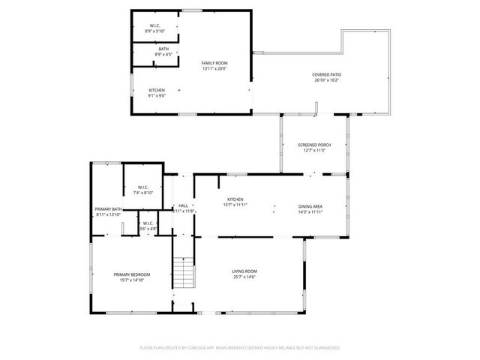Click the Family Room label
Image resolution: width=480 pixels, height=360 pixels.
[214, 63]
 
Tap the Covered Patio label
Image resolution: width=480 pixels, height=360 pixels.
[328, 74]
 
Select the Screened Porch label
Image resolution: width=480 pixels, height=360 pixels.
[313, 145]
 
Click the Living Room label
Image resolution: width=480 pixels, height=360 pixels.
[244, 271]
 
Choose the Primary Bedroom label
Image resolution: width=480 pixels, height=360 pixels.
[133, 274]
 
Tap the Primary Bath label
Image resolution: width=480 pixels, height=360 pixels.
[108, 209]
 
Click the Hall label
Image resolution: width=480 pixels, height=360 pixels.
[184, 205]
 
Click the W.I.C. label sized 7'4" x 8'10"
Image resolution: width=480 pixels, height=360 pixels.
[142, 187]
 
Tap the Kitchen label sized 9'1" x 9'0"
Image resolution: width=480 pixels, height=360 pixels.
[157, 90]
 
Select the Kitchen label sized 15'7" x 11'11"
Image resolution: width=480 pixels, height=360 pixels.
[236, 199]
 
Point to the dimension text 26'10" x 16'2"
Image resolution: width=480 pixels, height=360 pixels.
[328, 79]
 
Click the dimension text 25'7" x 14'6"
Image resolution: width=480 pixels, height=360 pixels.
[244, 277]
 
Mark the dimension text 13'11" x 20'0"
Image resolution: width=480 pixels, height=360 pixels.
[214, 68]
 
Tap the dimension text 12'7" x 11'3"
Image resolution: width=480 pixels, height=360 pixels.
[313, 151]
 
